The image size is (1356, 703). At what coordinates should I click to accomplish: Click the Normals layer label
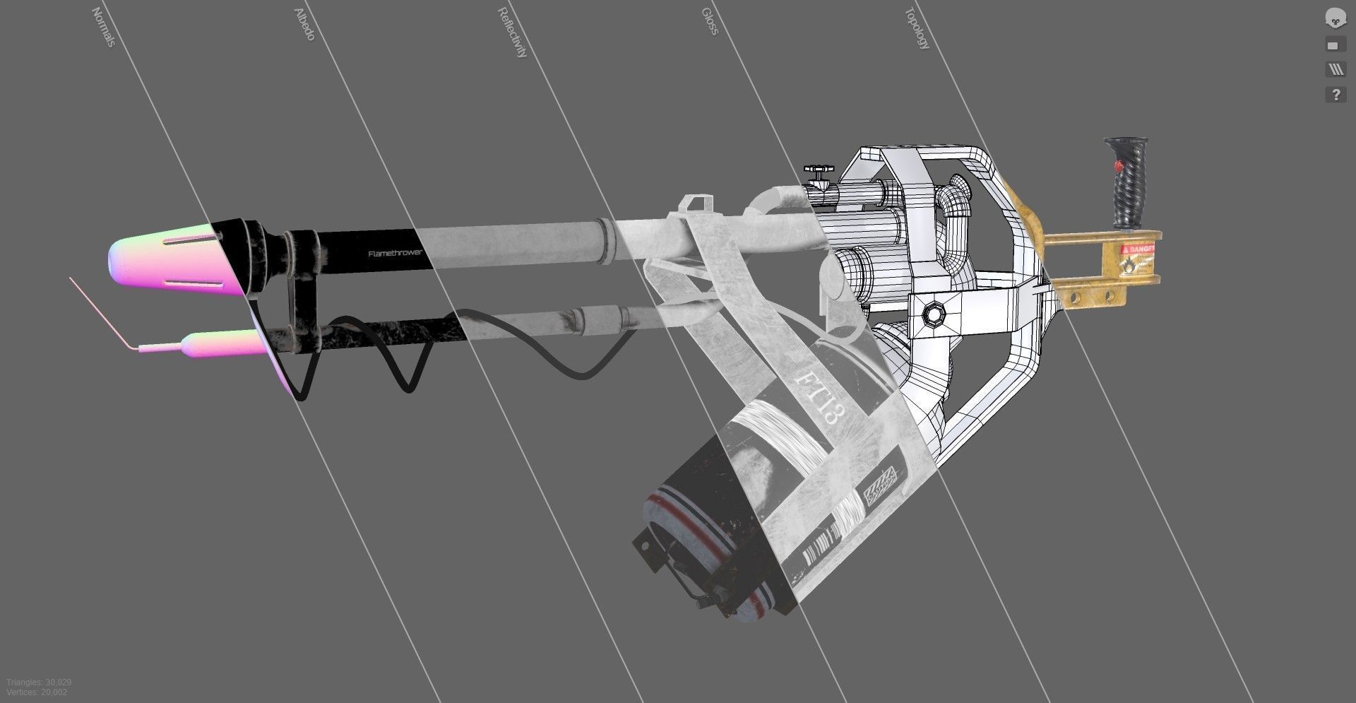[x=103, y=28]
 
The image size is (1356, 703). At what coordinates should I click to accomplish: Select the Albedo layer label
[x=304, y=24]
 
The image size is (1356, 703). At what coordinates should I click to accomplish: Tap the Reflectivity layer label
[x=513, y=33]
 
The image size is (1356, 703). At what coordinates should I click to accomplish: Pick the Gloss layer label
[x=710, y=21]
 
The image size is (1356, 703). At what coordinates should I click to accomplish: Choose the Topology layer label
[x=917, y=28]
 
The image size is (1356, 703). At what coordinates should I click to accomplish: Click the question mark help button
[x=1335, y=95]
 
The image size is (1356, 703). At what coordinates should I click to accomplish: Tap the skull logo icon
[x=1334, y=18]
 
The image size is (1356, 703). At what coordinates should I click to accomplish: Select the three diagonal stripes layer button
[x=1334, y=70]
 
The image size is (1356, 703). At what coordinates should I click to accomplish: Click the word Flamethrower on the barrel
[x=395, y=252]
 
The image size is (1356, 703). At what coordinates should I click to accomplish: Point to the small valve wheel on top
[x=819, y=171]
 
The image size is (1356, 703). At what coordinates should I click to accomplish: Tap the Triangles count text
[x=39, y=683]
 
